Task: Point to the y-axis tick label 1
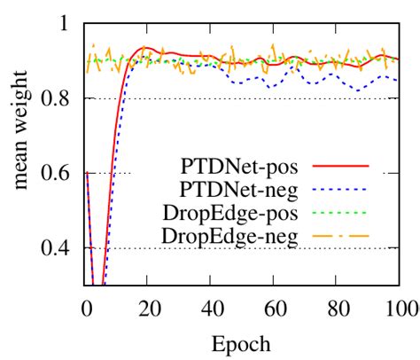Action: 61,23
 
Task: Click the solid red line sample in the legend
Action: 341,166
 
